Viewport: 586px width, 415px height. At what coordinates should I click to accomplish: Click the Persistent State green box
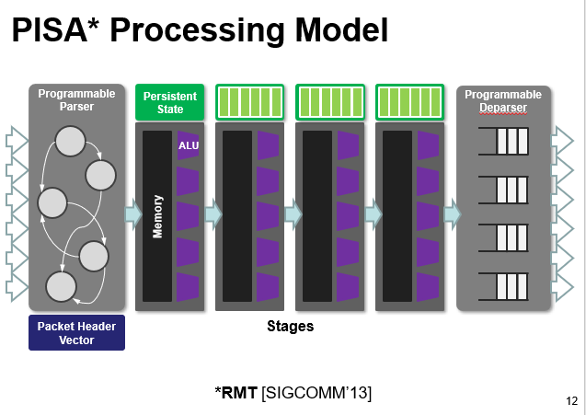[170, 103]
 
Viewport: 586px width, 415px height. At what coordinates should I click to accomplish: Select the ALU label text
[188, 145]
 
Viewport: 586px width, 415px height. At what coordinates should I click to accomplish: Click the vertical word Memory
[157, 216]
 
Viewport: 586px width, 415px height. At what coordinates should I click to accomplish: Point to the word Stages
[291, 326]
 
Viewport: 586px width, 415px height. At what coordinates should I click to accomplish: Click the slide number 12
[571, 400]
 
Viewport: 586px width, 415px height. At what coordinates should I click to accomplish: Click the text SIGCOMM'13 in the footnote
[316, 393]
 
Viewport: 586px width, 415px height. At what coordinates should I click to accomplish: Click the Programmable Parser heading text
[76, 99]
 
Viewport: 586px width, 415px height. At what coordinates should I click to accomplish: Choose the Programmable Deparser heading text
[502, 100]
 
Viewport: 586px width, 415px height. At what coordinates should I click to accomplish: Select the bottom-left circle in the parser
[61, 287]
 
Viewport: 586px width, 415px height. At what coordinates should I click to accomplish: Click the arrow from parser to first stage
[132, 214]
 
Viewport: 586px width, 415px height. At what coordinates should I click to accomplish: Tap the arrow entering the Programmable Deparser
[452, 214]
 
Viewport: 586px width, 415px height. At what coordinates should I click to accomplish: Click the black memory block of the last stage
[396, 215]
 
